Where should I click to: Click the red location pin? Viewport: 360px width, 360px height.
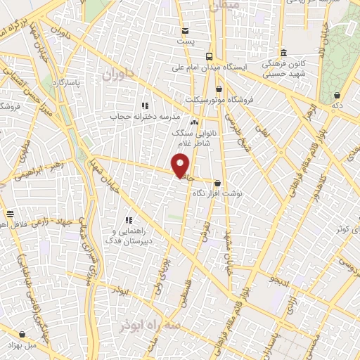(x=181, y=166)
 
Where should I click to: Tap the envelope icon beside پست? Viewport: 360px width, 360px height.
(x=185, y=30)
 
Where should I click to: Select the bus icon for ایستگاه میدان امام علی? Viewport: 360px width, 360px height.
(x=209, y=56)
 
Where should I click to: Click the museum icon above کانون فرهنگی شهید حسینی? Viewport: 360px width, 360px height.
(x=283, y=53)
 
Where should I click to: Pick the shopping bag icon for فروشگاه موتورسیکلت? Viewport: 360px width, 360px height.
(x=219, y=89)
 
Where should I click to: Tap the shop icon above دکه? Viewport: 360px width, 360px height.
(x=337, y=94)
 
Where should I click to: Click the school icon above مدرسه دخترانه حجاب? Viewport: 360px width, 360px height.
(x=143, y=105)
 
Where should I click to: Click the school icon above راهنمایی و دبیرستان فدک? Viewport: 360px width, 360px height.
(x=129, y=220)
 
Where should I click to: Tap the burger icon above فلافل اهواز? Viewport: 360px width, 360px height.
(x=10, y=214)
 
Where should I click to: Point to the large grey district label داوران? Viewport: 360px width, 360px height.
(x=117, y=74)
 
